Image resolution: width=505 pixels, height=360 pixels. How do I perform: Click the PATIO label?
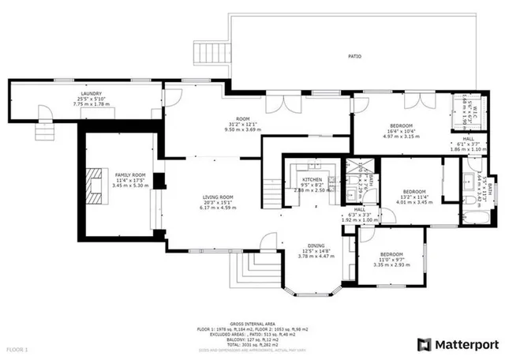(354, 56)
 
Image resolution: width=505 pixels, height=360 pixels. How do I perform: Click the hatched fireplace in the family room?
(95, 186)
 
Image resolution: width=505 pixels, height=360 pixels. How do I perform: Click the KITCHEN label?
(312, 179)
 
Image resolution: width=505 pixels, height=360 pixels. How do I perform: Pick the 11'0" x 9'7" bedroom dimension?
(388, 260)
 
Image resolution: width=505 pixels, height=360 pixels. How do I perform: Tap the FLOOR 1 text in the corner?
(17, 348)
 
